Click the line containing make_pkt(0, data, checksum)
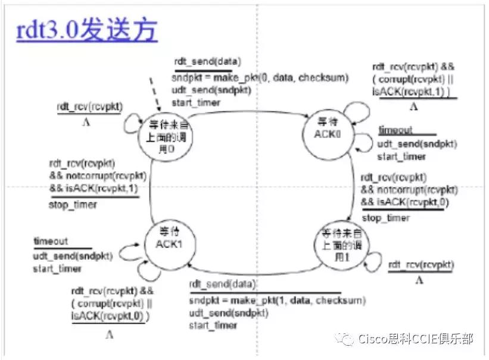tap(260, 78)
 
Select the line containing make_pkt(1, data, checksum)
tap(278, 301)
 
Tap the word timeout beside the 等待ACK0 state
tap(395, 130)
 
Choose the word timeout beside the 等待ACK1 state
tap(51, 242)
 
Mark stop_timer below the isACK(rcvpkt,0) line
tap(386, 218)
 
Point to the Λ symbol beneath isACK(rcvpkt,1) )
tap(413, 108)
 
